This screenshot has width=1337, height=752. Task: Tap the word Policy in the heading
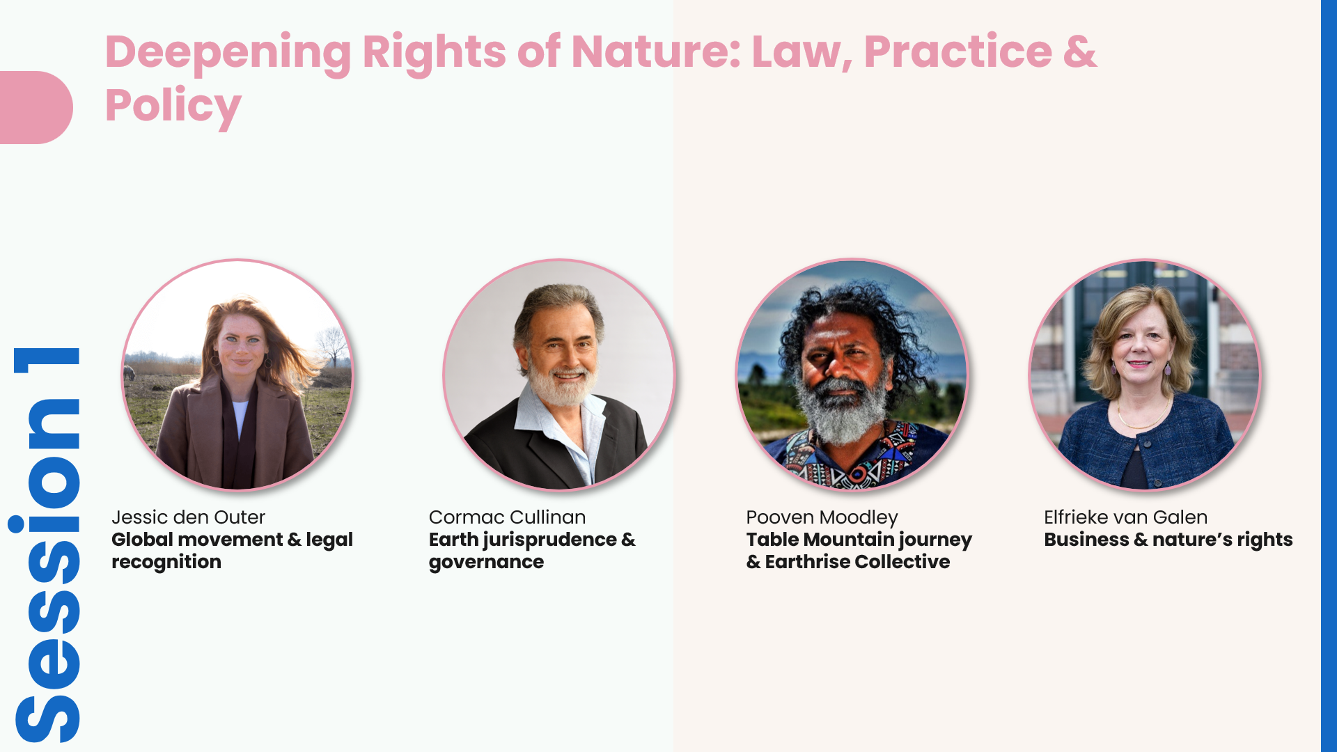[x=173, y=106]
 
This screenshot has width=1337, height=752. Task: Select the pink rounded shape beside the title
[x=36, y=107]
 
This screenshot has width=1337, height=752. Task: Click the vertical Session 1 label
[x=47, y=545]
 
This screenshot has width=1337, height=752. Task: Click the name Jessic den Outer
[x=188, y=517]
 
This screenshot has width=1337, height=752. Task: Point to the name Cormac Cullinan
[x=507, y=517]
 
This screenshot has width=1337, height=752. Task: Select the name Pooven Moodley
[x=822, y=517]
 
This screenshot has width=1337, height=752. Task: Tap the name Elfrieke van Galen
[x=1125, y=517]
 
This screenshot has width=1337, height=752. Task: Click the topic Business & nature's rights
[x=1168, y=540]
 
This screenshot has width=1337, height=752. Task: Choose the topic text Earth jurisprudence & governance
[x=532, y=551]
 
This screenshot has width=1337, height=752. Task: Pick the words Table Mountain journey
[x=859, y=540]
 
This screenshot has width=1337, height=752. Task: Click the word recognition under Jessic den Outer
[x=166, y=562]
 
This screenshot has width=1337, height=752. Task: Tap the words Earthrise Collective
[x=857, y=562]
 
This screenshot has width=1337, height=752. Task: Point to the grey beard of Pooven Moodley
[x=843, y=411]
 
